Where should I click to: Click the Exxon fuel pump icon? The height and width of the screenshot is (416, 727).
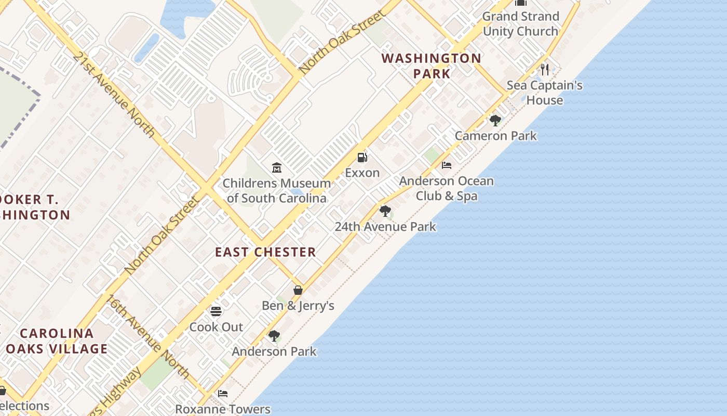point(362,157)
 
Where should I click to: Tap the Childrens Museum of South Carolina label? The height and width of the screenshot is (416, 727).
point(277,190)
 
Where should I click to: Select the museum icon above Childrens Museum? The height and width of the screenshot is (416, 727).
point(277,167)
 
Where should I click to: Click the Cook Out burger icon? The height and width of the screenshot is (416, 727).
point(216,311)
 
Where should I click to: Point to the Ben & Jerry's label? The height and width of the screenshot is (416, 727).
point(298,305)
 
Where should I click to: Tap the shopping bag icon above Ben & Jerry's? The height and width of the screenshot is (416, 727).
point(298,290)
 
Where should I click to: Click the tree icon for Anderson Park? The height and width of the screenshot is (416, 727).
point(274,336)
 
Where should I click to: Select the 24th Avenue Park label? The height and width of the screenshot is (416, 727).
point(385,227)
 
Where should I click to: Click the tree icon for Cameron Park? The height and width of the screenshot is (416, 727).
point(495,121)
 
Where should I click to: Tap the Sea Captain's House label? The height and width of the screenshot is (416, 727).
point(545,93)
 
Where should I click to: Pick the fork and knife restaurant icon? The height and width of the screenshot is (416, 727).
point(545,69)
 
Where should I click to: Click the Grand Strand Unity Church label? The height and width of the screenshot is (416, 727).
point(520,24)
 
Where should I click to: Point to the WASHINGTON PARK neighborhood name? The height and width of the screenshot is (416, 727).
point(432,66)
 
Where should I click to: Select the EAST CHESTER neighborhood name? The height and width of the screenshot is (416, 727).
point(265,252)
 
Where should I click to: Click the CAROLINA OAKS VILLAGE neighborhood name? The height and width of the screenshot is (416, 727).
point(57,341)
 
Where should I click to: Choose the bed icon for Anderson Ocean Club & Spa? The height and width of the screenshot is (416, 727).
point(446,165)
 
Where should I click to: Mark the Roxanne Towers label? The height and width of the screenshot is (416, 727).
point(223,409)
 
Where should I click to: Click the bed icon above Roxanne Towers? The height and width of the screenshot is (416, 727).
point(223,394)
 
